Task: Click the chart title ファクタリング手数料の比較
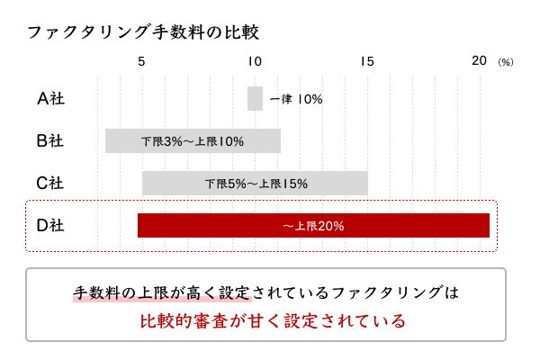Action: pos(142,32)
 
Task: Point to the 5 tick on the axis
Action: pos(141,61)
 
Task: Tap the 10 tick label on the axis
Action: pos(255,61)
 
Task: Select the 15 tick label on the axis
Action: pos(366,61)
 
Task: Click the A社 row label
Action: pos(50,98)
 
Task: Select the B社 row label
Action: pos(50,140)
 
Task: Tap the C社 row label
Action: pos(50,183)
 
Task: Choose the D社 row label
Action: pos(50,225)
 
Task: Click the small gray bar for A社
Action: pos(255,98)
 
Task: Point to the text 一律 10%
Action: pos(295,99)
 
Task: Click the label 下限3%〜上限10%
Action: pos(193,141)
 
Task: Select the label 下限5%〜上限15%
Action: pos(256,184)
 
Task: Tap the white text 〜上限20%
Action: pos(313,226)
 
